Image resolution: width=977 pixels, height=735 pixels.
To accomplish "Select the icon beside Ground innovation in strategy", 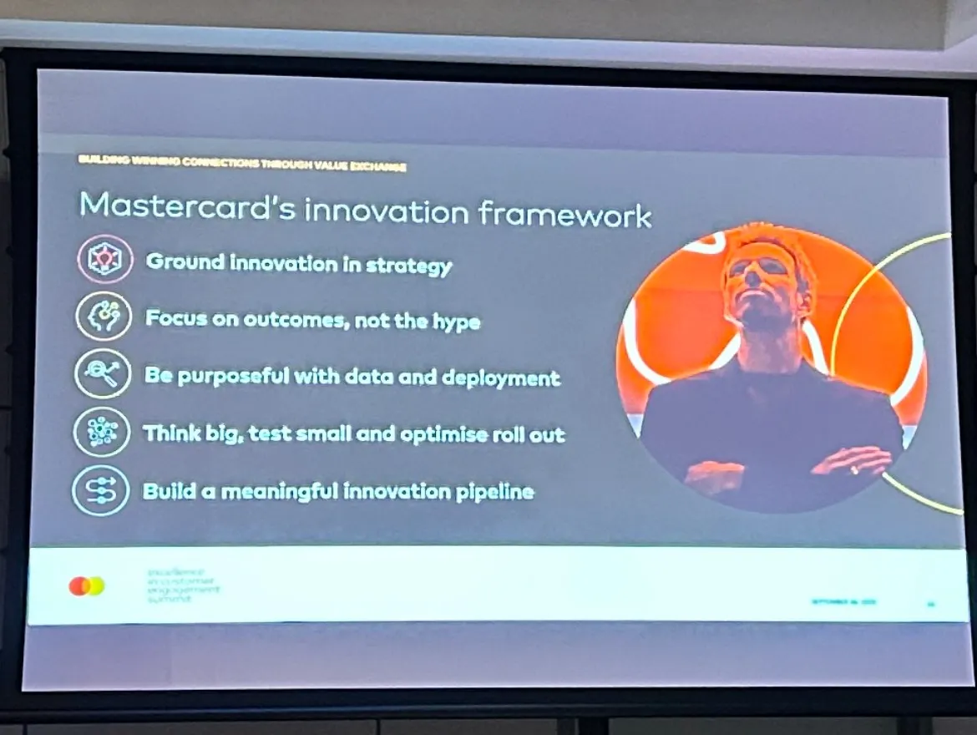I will point(104,260).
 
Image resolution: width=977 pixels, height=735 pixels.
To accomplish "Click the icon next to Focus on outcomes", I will point(104,317).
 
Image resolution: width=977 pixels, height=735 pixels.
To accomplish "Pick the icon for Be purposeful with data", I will point(102,373).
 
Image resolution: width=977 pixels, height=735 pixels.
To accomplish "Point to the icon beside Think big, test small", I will point(101,432).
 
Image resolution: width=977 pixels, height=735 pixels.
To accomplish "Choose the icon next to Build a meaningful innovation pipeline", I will point(100,489).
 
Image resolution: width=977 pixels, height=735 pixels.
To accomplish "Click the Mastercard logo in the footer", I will point(87,586).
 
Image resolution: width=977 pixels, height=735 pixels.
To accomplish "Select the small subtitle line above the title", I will point(241,165).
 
